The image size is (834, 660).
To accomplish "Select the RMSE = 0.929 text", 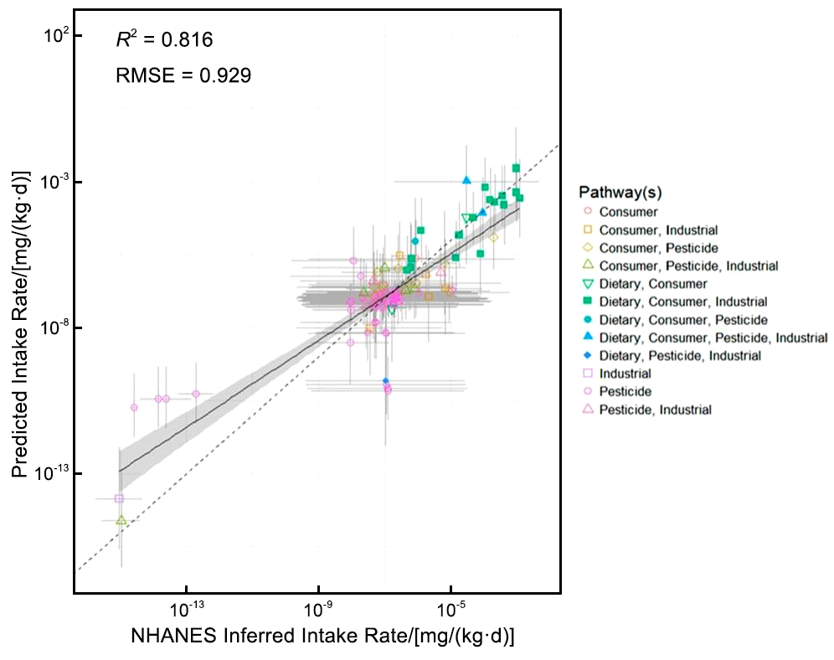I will (183, 75).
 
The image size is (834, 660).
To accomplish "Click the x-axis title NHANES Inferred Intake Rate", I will (322, 636).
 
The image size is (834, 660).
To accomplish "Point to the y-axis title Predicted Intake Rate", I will (18, 323).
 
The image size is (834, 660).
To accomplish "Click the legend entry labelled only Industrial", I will (625, 374).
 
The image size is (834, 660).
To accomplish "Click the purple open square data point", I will (119, 498).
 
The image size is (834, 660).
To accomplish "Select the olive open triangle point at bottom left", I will (121, 520).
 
